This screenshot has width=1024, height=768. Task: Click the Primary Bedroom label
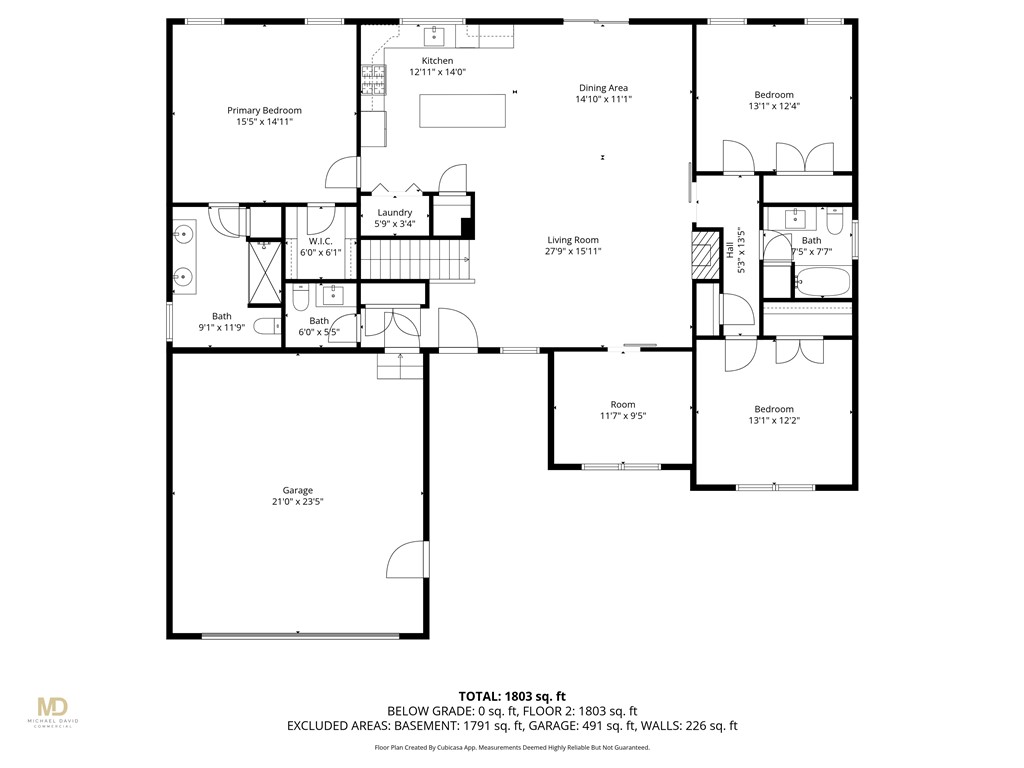tap(264, 111)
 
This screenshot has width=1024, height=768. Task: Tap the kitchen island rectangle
tap(462, 110)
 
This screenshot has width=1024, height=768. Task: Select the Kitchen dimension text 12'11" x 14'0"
tap(438, 72)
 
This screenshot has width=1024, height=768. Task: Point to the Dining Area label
tap(603, 88)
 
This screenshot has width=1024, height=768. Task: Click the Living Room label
tap(573, 240)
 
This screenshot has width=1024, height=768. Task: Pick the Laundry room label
tap(395, 213)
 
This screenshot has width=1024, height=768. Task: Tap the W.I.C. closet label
tap(320, 241)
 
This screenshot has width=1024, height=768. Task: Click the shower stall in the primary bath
tap(265, 271)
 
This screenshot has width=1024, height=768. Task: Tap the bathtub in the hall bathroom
tap(822, 282)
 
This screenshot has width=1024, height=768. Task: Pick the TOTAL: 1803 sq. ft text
tap(512, 696)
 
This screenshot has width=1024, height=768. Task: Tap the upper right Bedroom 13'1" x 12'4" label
tap(773, 95)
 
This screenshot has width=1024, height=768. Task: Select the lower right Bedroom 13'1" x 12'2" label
tap(773, 409)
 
